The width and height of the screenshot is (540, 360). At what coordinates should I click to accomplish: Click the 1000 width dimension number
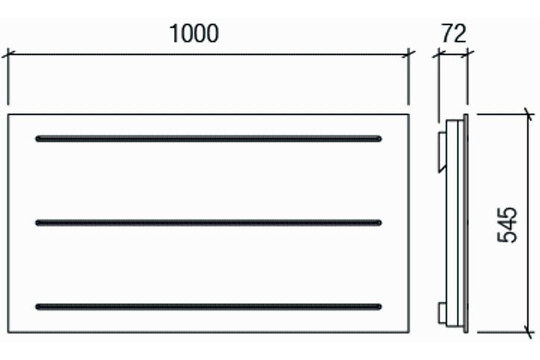(x=194, y=34)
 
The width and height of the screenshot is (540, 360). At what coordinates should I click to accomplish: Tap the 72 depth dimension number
(x=454, y=34)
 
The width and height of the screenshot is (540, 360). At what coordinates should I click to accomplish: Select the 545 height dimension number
(x=507, y=225)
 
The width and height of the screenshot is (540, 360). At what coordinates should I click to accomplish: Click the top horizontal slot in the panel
(x=208, y=139)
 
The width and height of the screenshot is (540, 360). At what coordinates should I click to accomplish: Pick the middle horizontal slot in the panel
(x=208, y=223)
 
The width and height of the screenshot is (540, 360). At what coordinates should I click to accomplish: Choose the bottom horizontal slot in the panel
(x=208, y=307)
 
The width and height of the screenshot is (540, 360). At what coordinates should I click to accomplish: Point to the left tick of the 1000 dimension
(x=8, y=54)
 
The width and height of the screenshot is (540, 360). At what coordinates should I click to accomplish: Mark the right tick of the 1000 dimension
(x=409, y=54)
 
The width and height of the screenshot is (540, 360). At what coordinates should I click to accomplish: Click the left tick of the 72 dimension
(x=439, y=54)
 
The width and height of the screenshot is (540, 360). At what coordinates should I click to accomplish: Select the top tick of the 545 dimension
(x=528, y=114)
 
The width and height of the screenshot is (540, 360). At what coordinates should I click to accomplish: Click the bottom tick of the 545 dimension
(x=528, y=332)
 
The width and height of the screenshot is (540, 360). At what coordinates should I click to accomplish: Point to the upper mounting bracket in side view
(x=442, y=152)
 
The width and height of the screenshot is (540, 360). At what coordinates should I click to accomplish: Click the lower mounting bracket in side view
(x=442, y=313)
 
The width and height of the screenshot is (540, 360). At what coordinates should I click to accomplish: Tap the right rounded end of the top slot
(x=379, y=139)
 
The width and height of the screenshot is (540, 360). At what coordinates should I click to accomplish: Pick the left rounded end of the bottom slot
(x=38, y=307)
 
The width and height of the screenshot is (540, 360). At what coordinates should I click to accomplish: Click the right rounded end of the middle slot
(x=379, y=223)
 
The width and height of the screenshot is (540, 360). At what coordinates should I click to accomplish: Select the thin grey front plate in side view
(x=466, y=223)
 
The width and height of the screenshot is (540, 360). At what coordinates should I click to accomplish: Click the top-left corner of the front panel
(x=8, y=114)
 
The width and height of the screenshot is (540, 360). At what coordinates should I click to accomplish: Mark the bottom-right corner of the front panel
(x=409, y=332)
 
